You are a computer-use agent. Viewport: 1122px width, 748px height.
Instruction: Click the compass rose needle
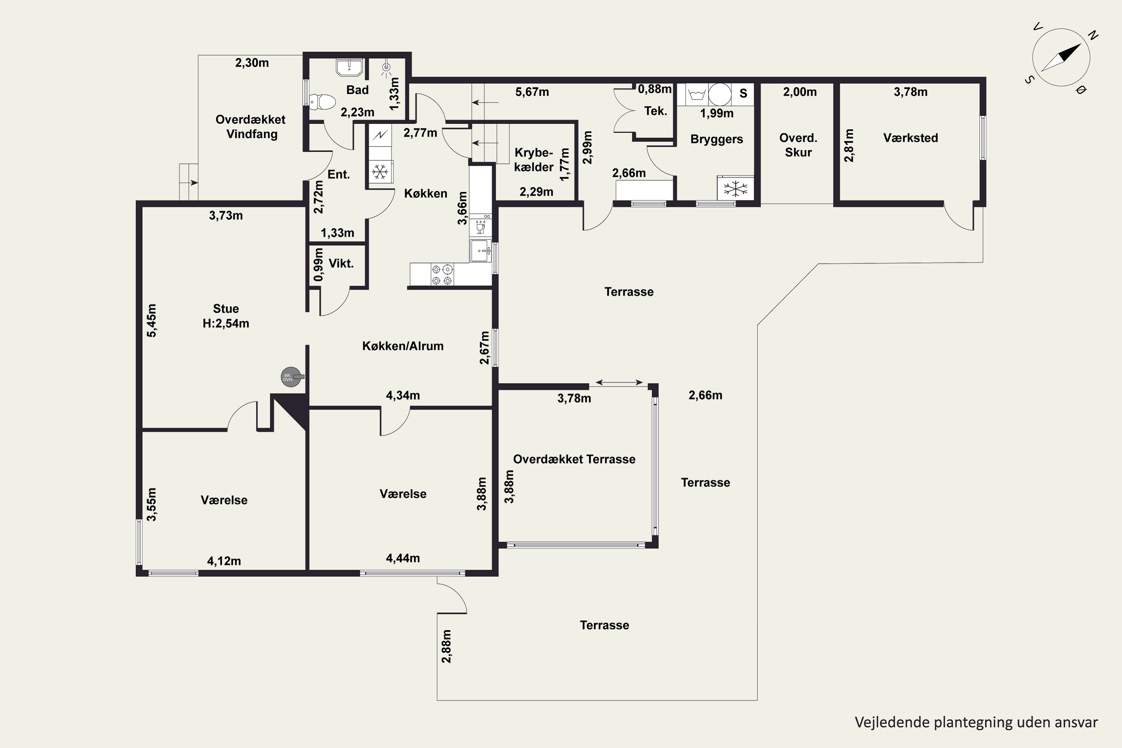coord(1061,58)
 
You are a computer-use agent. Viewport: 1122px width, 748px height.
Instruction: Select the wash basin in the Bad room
coord(349,67)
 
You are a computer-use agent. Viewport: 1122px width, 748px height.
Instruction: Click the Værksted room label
coord(910,138)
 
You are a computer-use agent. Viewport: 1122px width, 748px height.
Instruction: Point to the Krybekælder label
coord(534,160)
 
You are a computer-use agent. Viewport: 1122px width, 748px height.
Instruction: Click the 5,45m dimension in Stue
coord(151,321)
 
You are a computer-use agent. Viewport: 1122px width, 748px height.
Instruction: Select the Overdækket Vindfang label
coord(251,126)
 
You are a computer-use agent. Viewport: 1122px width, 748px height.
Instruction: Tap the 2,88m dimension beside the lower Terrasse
coord(446,646)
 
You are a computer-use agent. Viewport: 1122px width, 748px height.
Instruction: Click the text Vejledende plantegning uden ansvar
coord(976,722)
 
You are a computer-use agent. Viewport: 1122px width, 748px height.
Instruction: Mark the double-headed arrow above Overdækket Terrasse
coord(619,382)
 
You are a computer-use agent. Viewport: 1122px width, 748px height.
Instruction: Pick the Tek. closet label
coord(656,111)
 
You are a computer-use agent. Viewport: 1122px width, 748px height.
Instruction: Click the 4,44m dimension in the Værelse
coord(403,558)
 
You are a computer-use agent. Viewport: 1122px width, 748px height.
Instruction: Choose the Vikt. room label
coord(341,263)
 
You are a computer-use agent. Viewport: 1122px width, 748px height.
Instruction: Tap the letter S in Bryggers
coord(743,93)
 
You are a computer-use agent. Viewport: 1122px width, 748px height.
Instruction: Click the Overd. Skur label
coord(798,145)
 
